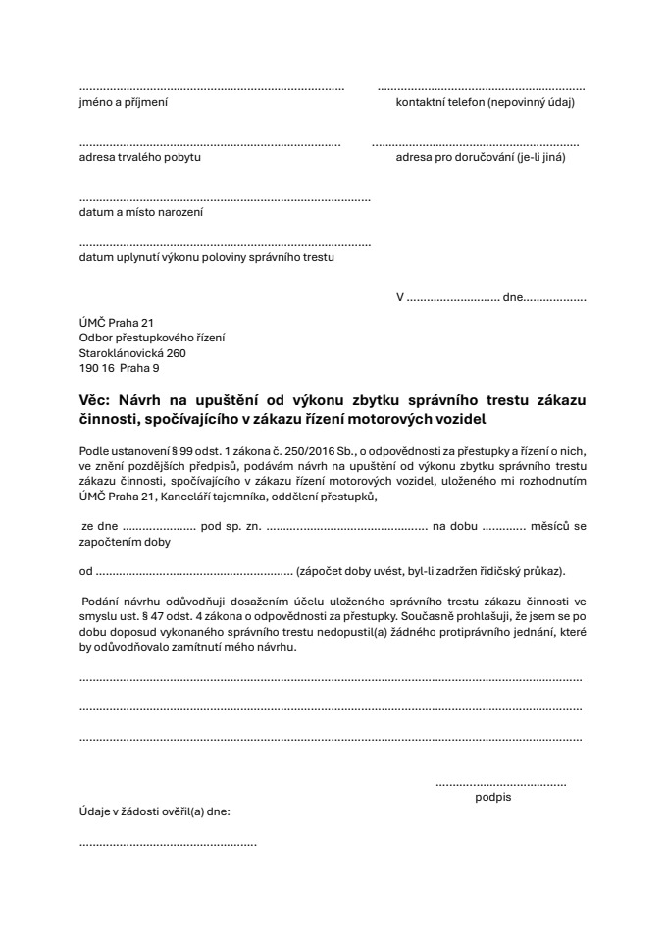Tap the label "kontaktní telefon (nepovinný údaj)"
(484, 102)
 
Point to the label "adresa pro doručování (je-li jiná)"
(480, 157)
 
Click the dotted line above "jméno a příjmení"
(211, 88)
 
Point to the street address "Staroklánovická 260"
(132, 353)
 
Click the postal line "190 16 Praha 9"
(118, 369)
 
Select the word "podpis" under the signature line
(492, 797)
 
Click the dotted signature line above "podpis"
(500, 784)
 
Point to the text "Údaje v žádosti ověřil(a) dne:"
(155, 811)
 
